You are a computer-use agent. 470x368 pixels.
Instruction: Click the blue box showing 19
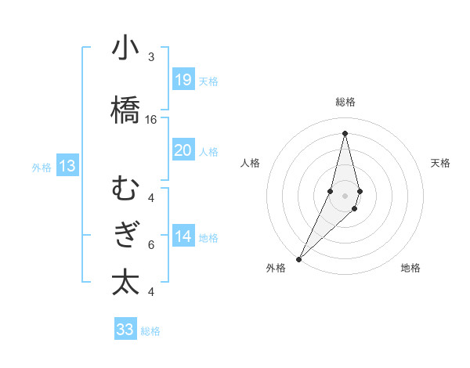[x=183, y=79]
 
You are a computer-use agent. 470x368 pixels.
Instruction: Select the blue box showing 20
[x=183, y=150]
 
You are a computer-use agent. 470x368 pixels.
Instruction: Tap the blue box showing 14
[x=183, y=236]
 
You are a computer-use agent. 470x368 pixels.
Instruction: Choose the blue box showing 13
[x=67, y=165]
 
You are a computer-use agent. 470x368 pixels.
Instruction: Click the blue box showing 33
[x=125, y=329]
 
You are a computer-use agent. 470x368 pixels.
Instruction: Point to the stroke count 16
[x=151, y=120]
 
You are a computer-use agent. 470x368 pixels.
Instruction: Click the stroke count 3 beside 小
[x=151, y=57]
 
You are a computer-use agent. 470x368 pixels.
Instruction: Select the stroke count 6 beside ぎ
[x=151, y=244]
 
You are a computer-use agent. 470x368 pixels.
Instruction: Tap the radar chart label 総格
[x=345, y=102]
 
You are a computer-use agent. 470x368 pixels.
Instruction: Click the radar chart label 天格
[x=441, y=163]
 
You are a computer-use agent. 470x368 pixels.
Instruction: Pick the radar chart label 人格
[x=250, y=163]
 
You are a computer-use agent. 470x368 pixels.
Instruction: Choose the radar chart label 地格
[x=410, y=269]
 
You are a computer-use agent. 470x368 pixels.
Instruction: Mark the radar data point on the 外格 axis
[x=299, y=258]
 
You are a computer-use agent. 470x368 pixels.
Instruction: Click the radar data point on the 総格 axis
[x=345, y=133]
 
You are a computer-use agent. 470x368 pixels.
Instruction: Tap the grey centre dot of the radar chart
[x=345, y=193]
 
